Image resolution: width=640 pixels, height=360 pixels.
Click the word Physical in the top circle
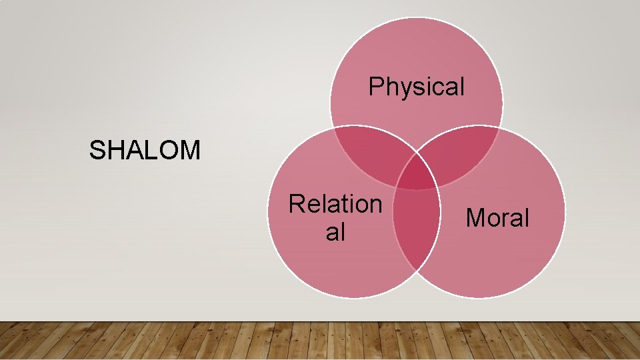point(417,87)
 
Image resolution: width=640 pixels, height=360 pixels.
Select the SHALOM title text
point(145,151)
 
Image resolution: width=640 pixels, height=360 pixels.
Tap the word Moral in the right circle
point(497,217)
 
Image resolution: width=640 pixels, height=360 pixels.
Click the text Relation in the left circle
point(335,204)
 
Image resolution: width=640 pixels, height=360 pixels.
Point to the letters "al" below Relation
point(335,232)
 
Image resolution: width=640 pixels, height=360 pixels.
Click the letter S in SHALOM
point(97,151)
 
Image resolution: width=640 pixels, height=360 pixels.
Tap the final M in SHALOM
point(190,151)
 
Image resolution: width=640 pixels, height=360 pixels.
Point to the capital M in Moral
point(475,217)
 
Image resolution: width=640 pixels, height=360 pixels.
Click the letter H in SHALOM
point(114,151)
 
